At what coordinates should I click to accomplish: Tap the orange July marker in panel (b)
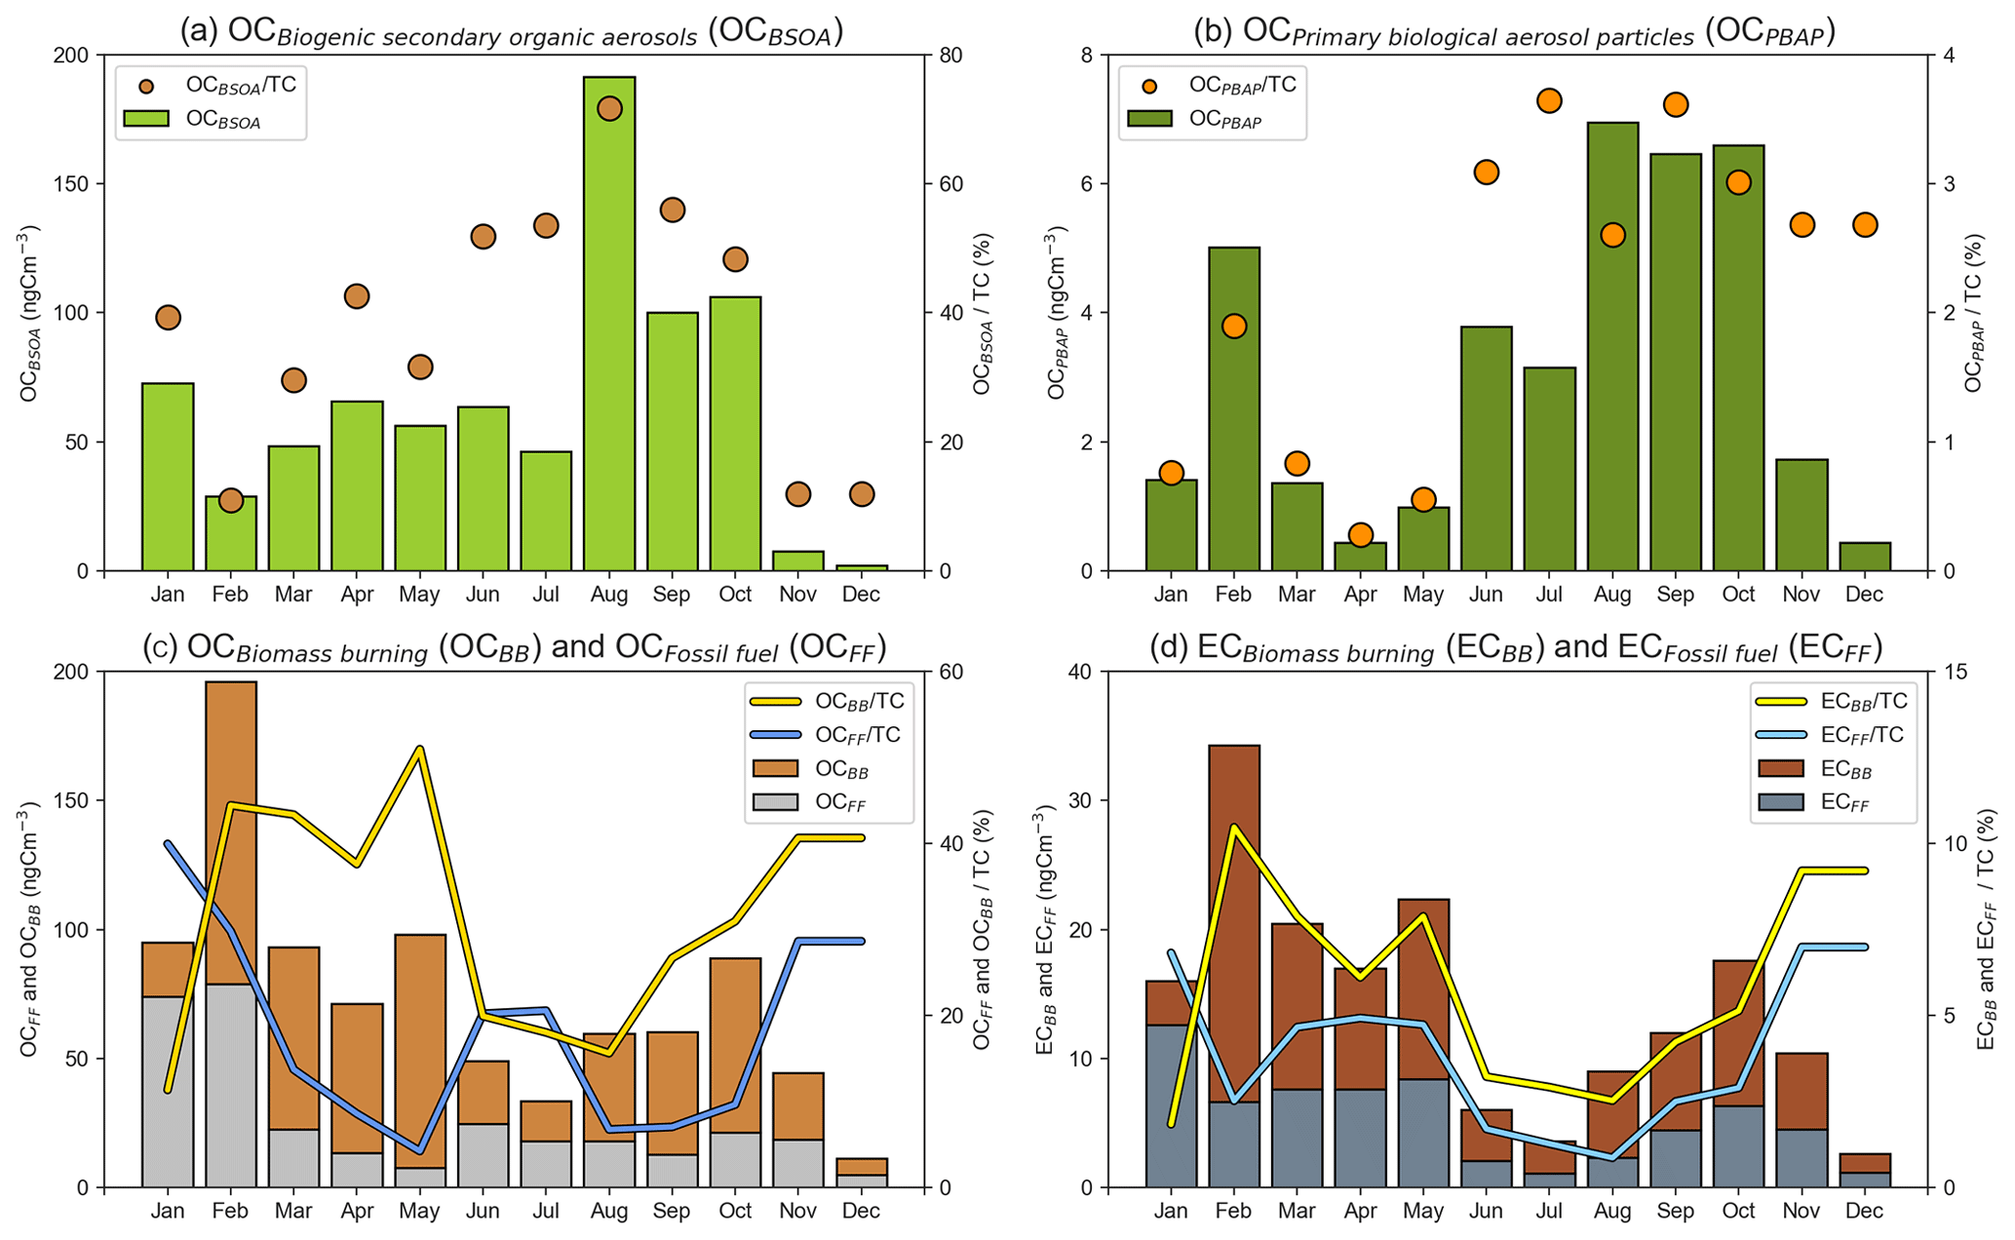(x=1550, y=100)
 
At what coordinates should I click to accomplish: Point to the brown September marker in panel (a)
(x=673, y=210)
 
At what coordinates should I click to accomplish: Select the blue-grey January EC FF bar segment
(x=1171, y=1106)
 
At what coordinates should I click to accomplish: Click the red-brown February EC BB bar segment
(x=1234, y=926)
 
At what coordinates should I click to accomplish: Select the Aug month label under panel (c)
(x=609, y=1211)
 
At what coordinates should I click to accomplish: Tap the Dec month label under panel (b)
(x=1865, y=594)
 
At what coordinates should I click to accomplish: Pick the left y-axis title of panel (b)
(x=1056, y=314)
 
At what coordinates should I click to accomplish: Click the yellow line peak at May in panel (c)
(x=420, y=749)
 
